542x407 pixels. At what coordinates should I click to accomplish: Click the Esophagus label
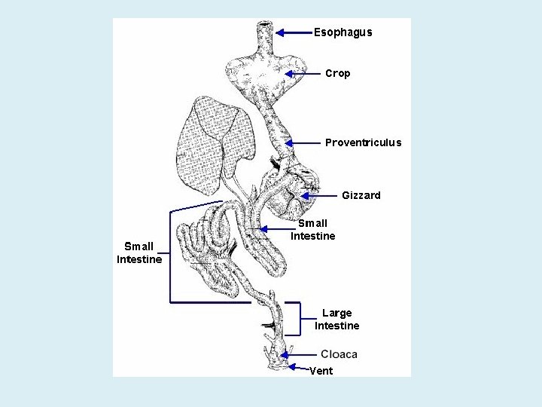(x=343, y=32)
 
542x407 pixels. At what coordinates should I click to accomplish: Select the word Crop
(x=337, y=73)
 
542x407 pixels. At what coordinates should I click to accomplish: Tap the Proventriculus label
(x=363, y=142)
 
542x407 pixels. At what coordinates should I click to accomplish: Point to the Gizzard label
(x=361, y=195)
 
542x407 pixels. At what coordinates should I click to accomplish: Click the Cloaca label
(x=339, y=354)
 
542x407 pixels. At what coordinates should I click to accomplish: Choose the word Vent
(x=321, y=371)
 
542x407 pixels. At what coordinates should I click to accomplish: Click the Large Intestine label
(x=336, y=320)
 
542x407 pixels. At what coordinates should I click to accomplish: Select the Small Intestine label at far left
(x=139, y=252)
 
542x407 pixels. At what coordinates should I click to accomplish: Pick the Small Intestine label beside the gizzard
(x=313, y=229)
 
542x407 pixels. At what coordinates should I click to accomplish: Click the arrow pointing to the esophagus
(x=294, y=32)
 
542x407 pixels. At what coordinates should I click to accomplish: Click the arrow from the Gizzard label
(x=317, y=196)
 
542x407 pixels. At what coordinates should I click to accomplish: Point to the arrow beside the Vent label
(x=297, y=367)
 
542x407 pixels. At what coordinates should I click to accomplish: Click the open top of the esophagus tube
(x=266, y=26)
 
